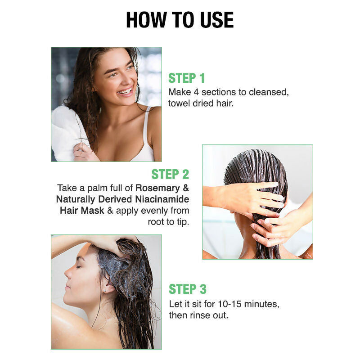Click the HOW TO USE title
(x=180, y=20)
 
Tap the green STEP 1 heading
(x=186, y=78)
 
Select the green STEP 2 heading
(x=170, y=174)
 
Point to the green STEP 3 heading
(x=188, y=289)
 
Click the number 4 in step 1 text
(x=196, y=92)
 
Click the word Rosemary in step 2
(x=158, y=188)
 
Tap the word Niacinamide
(x=162, y=199)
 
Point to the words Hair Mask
(x=82, y=210)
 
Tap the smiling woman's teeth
(x=125, y=91)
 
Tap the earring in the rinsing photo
(x=105, y=290)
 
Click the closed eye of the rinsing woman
(x=79, y=267)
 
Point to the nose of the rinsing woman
(x=68, y=273)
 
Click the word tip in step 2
(x=182, y=222)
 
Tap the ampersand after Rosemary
(x=186, y=188)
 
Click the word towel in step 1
(x=179, y=103)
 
